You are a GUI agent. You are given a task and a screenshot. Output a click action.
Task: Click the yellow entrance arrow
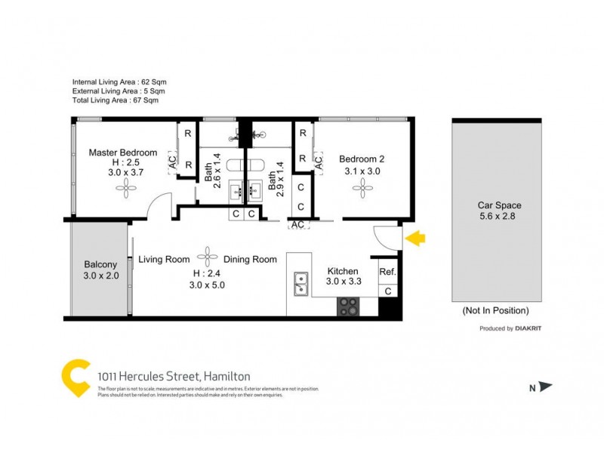pyautogui.click(x=416, y=239)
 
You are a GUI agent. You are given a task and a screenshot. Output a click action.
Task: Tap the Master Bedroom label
pyautogui.click(x=123, y=153)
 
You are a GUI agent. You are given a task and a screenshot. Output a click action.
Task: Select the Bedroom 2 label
pyautogui.click(x=362, y=159)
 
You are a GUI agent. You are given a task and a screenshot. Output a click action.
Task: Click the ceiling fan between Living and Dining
pyautogui.click(x=208, y=254)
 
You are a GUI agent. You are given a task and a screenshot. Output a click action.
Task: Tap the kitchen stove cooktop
pyautogui.click(x=347, y=306)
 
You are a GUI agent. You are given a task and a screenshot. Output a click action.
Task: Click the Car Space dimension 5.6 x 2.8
pyautogui.click(x=499, y=217)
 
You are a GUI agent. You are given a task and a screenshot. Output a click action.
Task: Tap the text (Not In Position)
pyautogui.click(x=495, y=310)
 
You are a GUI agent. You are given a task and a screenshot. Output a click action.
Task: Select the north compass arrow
pyautogui.click(x=544, y=387)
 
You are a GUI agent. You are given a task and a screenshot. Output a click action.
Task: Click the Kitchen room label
pyautogui.click(x=342, y=271)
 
